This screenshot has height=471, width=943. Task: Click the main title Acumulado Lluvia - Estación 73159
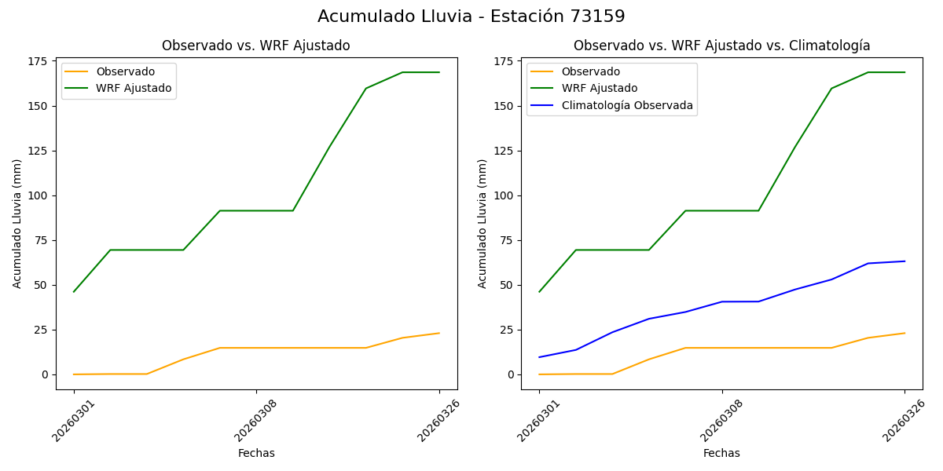472,16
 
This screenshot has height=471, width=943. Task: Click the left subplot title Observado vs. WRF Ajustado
256,46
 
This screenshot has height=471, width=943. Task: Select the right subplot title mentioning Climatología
721,46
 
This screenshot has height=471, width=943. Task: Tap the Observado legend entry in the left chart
125,72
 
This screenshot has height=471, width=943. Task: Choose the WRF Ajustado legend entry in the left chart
134,88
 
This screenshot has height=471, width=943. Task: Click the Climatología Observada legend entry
627,105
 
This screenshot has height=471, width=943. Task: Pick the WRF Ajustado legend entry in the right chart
599,88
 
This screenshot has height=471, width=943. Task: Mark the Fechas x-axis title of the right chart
721,454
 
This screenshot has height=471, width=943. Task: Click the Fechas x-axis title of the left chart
256,454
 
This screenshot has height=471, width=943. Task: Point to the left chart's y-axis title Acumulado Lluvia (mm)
17,224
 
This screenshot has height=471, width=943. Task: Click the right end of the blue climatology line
904,261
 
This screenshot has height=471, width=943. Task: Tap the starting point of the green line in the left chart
74,292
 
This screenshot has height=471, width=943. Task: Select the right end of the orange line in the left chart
439,333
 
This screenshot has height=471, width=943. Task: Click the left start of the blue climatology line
539,357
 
